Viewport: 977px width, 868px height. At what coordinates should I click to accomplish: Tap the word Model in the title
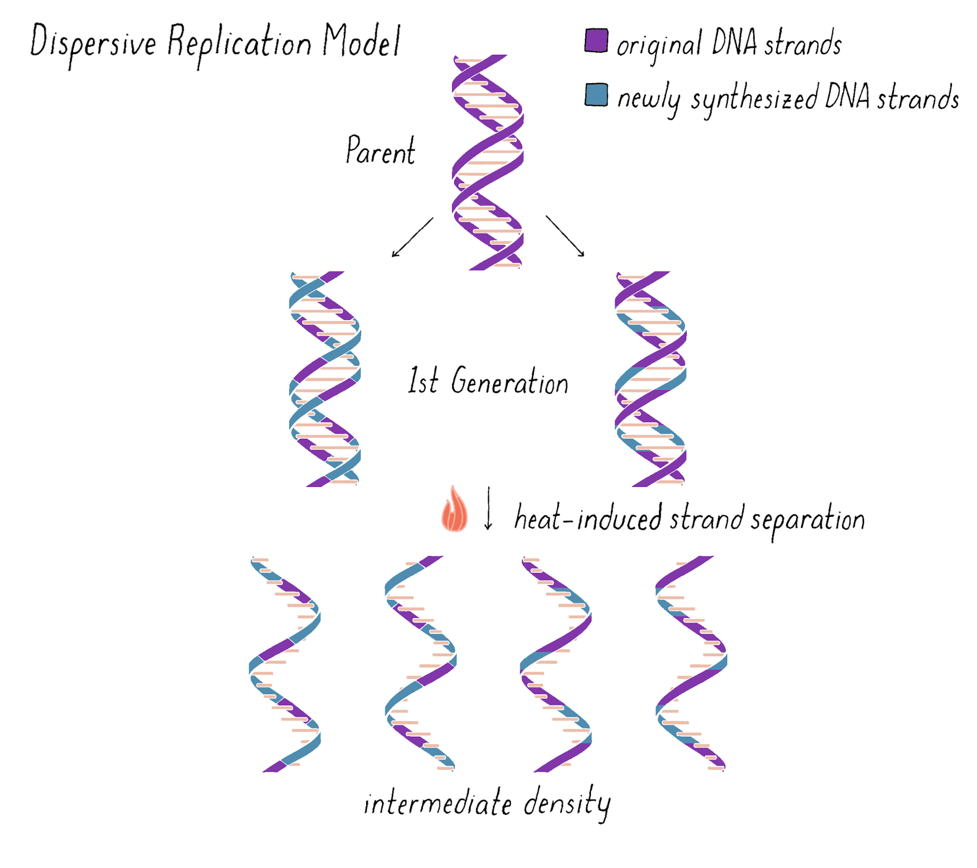[x=361, y=41]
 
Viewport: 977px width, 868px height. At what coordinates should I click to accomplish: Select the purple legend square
[x=596, y=41]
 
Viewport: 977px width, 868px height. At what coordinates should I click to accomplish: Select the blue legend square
[x=596, y=95]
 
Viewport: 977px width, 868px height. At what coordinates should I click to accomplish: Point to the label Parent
[x=380, y=150]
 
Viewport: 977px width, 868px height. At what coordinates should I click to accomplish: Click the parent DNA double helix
[x=487, y=161]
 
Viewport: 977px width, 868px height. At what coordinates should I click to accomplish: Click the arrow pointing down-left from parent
[x=412, y=237]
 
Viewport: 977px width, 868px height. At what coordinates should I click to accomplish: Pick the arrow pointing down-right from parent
[x=565, y=236]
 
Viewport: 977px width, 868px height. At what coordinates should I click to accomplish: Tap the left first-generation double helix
[x=325, y=379]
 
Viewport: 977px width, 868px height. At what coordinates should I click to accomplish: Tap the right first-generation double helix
[x=650, y=379]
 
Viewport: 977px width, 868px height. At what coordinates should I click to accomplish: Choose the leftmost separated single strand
[x=285, y=664]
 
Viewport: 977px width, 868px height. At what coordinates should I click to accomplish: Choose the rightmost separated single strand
[x=691, y=664]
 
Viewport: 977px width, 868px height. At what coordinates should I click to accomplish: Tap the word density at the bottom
[x=567, y=804]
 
